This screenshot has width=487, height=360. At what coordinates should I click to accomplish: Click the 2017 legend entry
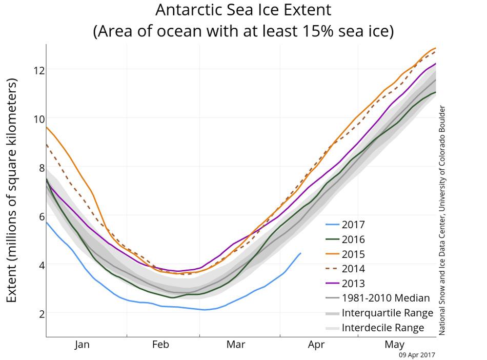click(353, 224)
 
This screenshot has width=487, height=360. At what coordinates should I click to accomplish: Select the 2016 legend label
click(353, 239)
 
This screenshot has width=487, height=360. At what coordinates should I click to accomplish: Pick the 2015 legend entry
click(353, 254)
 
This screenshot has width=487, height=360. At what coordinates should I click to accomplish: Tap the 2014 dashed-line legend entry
click(353, 269)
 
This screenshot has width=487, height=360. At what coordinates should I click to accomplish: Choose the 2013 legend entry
click(353, 284)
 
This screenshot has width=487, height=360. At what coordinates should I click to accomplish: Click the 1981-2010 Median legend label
click(385, 298)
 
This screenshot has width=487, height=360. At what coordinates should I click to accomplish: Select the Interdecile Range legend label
click(383, 328)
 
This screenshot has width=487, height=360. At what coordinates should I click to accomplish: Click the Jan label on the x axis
click(82, 345)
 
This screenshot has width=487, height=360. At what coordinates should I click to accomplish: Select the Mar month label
click(236, 345)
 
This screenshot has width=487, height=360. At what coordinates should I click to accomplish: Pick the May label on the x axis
click(394, 345)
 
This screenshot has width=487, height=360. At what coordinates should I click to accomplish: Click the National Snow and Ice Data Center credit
click(442, 221)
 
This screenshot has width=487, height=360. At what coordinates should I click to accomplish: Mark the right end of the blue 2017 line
click(300, 253)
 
